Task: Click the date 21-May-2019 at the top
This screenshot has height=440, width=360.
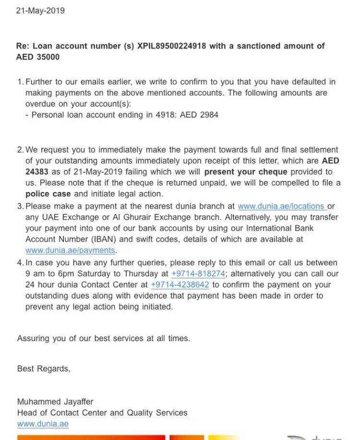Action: (40, 10)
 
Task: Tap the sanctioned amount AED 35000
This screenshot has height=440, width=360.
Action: (38, 57)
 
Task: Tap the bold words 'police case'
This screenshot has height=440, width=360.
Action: (48, 194)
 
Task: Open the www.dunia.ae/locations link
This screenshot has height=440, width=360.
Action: (282, 206)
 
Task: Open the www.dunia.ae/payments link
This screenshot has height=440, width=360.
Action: (70, 250)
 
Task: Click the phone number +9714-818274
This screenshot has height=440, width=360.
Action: (199, 274)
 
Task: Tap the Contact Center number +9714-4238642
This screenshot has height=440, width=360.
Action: (180, 285)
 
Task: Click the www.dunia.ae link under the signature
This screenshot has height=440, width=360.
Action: (43, 424)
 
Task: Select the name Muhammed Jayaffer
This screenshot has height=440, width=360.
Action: (55, 402)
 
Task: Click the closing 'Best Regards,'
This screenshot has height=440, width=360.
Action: (44, 369)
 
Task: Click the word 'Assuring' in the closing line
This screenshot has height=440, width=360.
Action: (34, 338)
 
